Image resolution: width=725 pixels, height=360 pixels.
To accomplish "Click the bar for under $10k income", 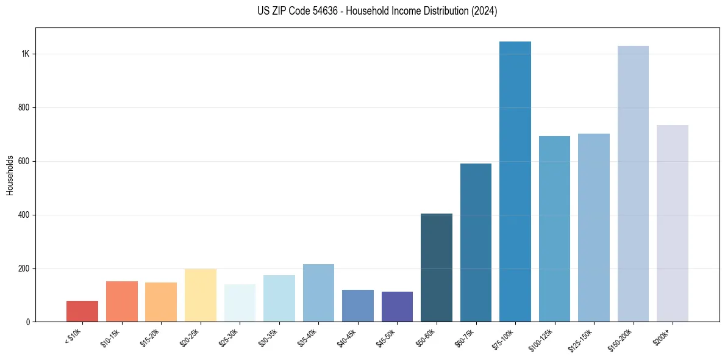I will tap(82, 311).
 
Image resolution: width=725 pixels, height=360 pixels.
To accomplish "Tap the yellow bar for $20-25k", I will tap(200, 295).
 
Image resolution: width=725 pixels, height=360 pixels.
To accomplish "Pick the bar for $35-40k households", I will tap(318, 293).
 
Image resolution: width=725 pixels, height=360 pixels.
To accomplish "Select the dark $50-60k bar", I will tap(437, 268).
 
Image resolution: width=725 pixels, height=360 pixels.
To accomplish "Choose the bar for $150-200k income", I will tap(633, 184).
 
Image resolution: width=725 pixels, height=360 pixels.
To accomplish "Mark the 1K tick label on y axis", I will tap(26, 54).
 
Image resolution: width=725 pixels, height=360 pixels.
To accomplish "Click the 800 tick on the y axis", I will tap(24, 108).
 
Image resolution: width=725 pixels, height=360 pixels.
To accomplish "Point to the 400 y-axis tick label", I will tap(24, 215).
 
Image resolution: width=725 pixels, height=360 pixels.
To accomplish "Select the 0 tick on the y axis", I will tap(28, 322).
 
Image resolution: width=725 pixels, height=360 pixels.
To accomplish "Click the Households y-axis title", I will tap(10, 176).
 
